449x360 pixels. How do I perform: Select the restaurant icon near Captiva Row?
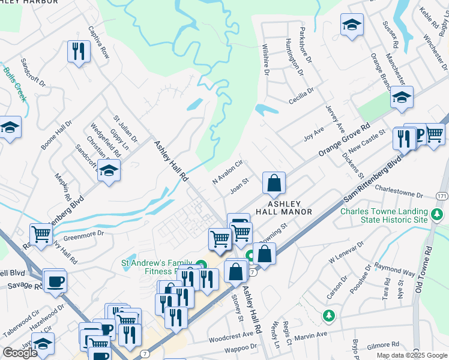coord(78,52)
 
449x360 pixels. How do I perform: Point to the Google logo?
coord(20,353)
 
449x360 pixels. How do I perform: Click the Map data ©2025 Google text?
coord(411,355)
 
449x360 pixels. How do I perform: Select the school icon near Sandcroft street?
coord(109,171)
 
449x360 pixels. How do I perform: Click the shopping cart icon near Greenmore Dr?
coord(41,234)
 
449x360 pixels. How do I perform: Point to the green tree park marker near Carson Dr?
coord(328,315)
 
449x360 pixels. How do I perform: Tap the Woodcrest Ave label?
coord(231,335)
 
